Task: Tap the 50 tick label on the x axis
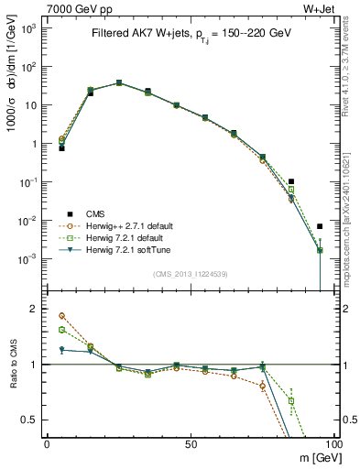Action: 191,444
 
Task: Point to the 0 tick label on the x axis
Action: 47,444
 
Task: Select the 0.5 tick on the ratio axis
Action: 28,420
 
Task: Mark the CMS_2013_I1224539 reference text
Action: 191,272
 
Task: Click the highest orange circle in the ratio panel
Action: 61,315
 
